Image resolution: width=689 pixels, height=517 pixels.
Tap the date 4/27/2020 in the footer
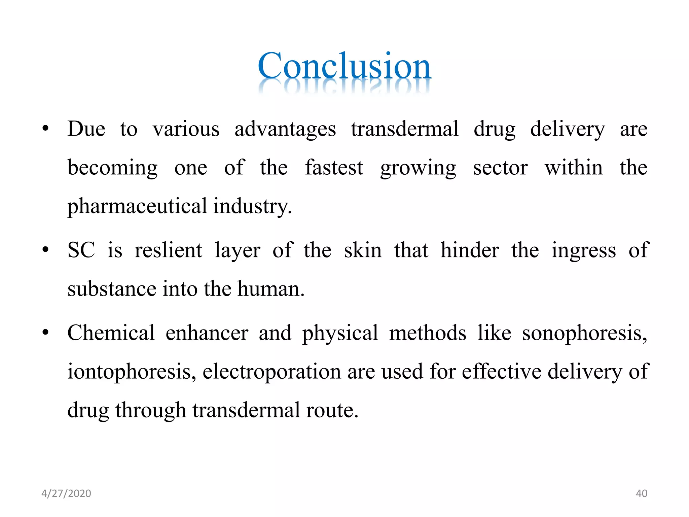(x=66, y=493)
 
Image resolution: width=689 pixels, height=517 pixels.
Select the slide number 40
(x=641, y=493)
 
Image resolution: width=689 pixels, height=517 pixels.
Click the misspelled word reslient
(x=168, y=250)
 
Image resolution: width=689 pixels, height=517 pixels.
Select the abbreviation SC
(x=81, y=250)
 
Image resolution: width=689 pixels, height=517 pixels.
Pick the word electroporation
(x=272, y=372)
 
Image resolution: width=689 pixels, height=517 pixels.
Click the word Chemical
(x=111, y=333)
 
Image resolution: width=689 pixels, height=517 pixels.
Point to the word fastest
(x=334, y=168)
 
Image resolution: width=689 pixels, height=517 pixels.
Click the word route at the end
(x=332, y=411)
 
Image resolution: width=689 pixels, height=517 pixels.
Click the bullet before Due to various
(x=45, y=129)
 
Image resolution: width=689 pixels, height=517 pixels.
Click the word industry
(x=252, y=206)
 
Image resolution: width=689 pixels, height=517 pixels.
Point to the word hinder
(x=470, y=250)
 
